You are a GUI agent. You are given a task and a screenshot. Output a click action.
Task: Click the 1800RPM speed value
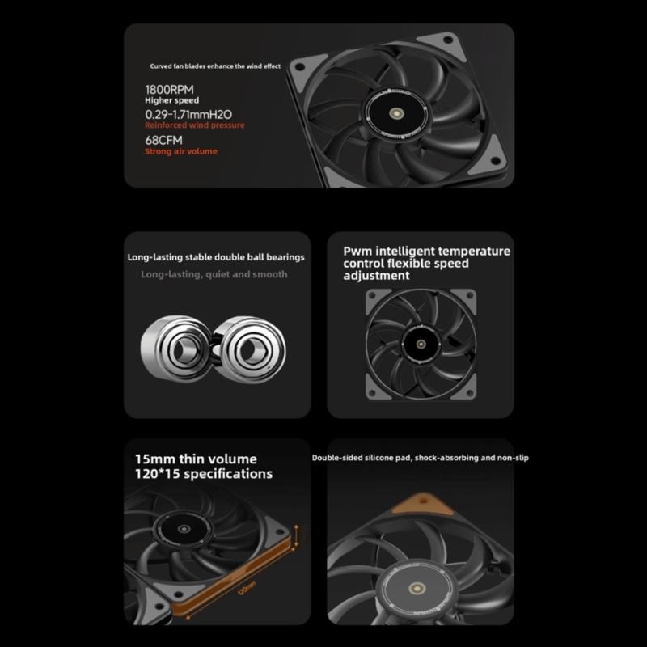pos(169,89)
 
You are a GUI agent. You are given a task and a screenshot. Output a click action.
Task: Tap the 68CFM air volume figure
pos(163,139)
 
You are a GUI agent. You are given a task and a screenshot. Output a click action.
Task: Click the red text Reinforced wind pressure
pos(194,126)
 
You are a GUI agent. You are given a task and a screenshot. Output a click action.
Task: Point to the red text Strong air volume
pos(180,151)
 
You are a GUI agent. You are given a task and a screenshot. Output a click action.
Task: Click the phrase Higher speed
pos(171,101)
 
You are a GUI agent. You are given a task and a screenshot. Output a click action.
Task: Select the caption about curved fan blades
pos(215,66)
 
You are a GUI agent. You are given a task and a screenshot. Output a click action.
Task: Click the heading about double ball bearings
pos(216,257)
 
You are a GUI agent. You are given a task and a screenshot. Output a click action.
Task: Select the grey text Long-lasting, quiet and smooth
pos(214,274)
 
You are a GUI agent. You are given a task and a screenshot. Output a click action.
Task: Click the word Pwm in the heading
pos(357,251)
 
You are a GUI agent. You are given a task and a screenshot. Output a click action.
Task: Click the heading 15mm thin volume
pos(197,459)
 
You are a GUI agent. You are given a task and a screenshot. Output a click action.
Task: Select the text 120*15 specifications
pos(204,474)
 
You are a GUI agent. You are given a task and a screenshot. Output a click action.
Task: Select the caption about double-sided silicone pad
pos(421,458)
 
